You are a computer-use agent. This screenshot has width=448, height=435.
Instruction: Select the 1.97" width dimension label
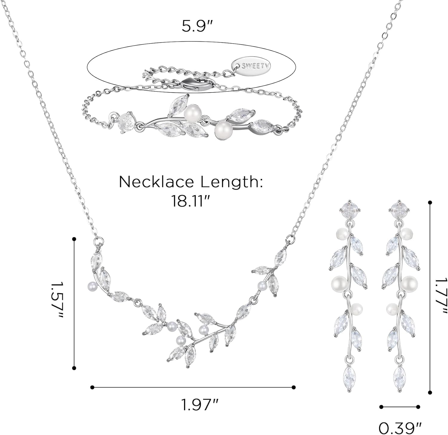click(200, 405)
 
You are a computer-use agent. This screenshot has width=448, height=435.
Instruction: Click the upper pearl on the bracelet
click(190, 113)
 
